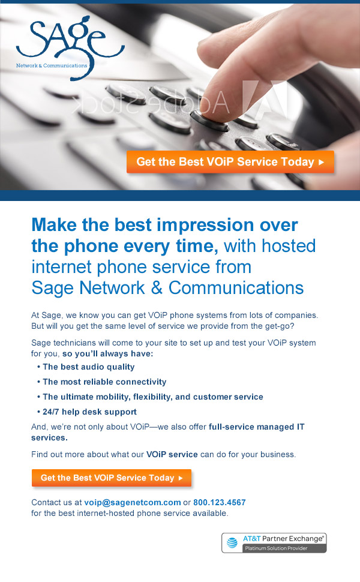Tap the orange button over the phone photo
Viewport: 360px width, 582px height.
click(x=230, y=162)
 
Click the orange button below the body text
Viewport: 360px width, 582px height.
click(x=112, y=478)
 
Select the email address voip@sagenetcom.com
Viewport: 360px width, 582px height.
click(x=133, y=503)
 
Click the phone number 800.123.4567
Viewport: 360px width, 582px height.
click(x=220, y=503)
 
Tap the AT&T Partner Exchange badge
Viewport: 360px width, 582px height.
click(x=274, y=543)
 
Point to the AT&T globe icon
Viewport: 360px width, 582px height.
click(x=232, y=542)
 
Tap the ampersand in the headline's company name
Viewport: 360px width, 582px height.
click(x=156, y=288)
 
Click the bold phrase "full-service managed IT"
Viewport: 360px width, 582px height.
click(x=256, y=427)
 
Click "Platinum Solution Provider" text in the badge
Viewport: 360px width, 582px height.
click(x=276, y=548)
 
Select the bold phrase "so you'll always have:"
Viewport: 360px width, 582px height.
click(x=107, y=354)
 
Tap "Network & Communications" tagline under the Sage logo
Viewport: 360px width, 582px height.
click(x=52, y=65)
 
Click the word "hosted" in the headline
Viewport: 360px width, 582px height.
click(x=289, y=246)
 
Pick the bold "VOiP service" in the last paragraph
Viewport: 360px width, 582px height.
click(x=172, y=454)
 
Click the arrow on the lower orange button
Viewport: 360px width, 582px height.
click(x=181, y=478)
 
